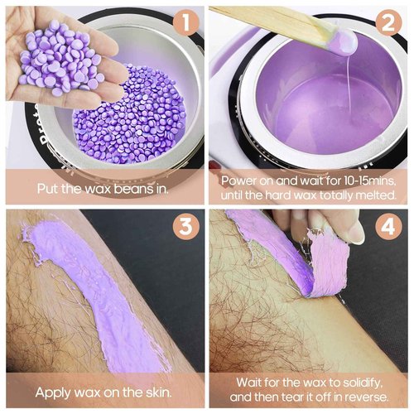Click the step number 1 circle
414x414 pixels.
(186, 22)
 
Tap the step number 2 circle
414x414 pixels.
(390, 22)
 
